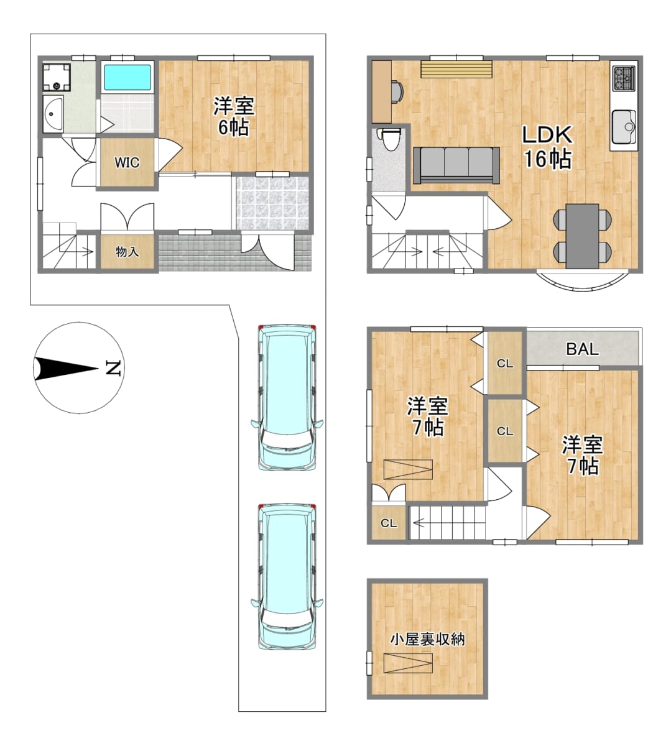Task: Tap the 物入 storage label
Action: (127, 252)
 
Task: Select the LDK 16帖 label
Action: (547, 147)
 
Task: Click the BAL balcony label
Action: (582, 349)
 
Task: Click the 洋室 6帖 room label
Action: (234, 116)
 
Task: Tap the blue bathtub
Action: (127, 78)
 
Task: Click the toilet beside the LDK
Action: (389, 139)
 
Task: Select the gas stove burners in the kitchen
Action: (624, 78)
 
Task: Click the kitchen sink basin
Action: (624, 126)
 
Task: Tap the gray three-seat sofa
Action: (456, 165)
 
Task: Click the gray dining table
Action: (583, 236)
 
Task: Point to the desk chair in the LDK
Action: (397, 91)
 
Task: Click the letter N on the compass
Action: (113, 368)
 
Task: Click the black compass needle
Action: (66, 369)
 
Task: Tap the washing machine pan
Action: (57, 77)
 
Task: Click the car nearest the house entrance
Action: (287, 398)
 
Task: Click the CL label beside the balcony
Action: (505, 363)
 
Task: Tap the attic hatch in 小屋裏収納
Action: (408, 663)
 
